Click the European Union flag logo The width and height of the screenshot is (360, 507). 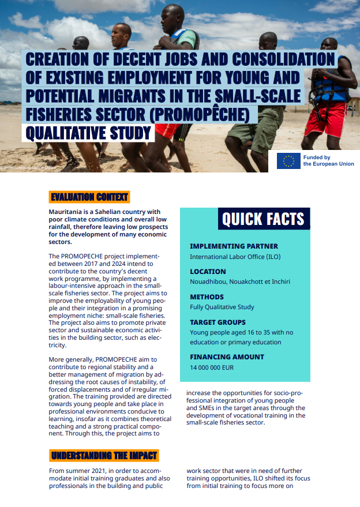pyautogui.click(x=288, y=161)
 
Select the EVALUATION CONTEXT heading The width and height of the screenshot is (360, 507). pyautogui.click(x=89, y=197)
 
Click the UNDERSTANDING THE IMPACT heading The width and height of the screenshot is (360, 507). pyautogui.click(x=104, y=455)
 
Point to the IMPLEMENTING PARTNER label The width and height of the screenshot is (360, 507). pyautogui.click(x=234, y=246)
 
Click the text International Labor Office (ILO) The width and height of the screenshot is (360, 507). pyautogui.click(x=235, y=257)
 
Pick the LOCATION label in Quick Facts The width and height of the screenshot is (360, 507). pyautogui.click(x=208, y=271)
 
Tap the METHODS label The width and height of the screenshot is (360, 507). pyautogui.click(x=207, y=296)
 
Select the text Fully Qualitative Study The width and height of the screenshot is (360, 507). pyautogui.click(x=222, y=307)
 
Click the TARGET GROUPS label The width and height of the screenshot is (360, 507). pyautogui.click(x=217, y=322)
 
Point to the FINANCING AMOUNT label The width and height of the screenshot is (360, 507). pyautogui.click(x=227, y=357)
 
